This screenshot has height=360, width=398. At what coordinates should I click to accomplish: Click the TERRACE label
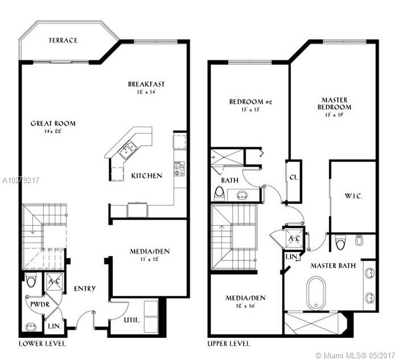click(x=63, y=40)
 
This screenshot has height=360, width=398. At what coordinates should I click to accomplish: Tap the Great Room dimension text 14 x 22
click(x=53, y=131)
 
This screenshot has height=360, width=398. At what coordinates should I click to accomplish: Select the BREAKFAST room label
click(x=146, y=84)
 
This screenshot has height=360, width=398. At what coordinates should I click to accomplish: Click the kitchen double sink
click(x=128, y=150)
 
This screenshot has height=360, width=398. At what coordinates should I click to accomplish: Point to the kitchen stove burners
click(x=179, y=169)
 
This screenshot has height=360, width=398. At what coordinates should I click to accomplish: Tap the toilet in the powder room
click(x=31, y=280)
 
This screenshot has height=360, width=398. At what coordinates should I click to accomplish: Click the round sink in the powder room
click(x=31, y=326)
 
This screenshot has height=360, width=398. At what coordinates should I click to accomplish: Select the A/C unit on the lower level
click(x=53, y=282)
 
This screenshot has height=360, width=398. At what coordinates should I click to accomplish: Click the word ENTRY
click(x=85, y=289)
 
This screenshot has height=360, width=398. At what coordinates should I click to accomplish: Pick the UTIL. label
click(x=132, y=320)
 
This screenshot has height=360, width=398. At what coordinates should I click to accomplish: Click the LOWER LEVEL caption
click(x=43, y=344)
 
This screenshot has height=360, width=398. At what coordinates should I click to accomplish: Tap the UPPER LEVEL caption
click(x=229, y=344)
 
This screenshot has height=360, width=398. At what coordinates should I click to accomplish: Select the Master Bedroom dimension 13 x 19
click(x=334, y=115)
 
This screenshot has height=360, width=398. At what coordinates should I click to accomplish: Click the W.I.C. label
click(x=354, y=196)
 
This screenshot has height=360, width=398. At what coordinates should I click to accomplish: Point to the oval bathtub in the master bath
click(x=316, y=293)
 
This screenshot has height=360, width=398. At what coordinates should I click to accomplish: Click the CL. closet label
click(x=294, y=177)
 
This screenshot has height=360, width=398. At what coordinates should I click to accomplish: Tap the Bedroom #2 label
click(x=251, y=102)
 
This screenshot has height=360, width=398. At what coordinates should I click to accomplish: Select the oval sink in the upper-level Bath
click(x=242, y=196)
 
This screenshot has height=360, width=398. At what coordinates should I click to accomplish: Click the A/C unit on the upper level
click(x=295, y=239)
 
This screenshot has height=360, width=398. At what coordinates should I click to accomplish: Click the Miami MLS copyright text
click(x=354, y=354)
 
